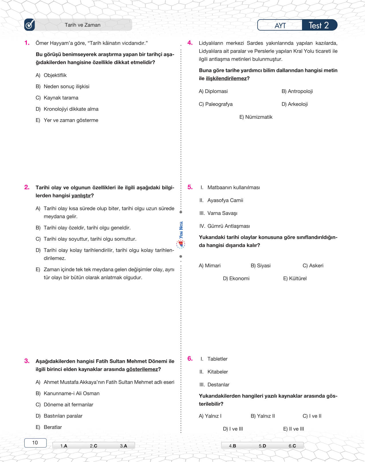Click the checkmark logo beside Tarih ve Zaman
tap(29, 25)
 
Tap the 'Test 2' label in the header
tap(319, 25)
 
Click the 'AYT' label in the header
tap(280, 26)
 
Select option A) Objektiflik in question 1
tap(51, 75)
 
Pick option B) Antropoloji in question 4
tap(297, 91)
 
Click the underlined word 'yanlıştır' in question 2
tap(81, 196)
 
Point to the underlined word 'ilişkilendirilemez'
tap(226, 78)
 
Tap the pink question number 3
tap(27, 361)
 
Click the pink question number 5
tap(190, 187)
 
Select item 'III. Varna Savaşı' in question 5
tap(218, 213)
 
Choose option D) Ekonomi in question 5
tap(236, 278)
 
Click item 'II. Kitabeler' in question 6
tap(214, 372)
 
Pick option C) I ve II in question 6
tap(312, 416)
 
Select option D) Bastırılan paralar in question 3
tap(59, 416)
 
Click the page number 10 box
tap(35, 443)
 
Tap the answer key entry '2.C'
tap(93, 446)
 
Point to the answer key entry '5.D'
tap(262, 446)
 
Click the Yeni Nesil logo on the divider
tap(181, 235)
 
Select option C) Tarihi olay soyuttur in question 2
tap(86, 239)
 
